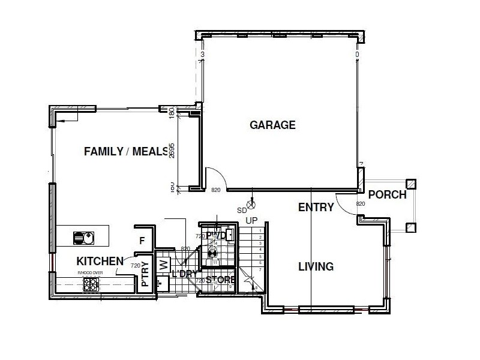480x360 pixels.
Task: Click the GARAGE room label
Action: (x=272, y=125)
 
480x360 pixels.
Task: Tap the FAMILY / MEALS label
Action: (x=125, y=151)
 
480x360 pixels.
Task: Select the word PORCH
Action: (x=387, y=195)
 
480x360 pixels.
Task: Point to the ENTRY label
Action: (x=316, y=208)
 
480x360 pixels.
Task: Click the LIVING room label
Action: (x=316, y=266)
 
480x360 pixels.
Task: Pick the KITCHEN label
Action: (x=100, y=262)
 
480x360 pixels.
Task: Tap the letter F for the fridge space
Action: (x=142, y=241)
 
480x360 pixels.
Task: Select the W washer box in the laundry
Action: (x=162, y=265)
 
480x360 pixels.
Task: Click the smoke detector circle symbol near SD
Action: (x=251, y=203)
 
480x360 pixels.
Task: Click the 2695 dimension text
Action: (x=171, y=151)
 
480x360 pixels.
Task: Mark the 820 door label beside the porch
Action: (x=361, y=204)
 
